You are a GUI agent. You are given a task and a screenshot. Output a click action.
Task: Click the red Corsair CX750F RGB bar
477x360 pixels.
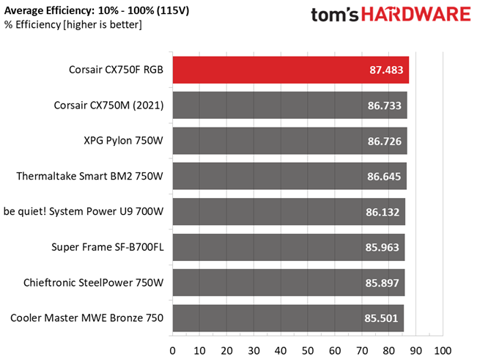click(x=291, y=70)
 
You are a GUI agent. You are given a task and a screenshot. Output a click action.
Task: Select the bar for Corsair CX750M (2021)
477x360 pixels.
click(x=290, y=106)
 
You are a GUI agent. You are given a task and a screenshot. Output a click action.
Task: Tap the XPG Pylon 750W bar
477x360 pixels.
click(x=290, y=141)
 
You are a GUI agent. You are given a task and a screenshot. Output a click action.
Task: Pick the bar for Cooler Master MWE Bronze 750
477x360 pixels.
click(x=289, y=318)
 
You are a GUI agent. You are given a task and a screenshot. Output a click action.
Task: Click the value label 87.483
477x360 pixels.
click(x=386, y=70)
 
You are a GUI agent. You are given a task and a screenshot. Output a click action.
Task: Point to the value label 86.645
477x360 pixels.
click(x=384, y=177)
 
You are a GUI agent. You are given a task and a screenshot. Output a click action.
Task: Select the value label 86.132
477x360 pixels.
click(x=382, y=212)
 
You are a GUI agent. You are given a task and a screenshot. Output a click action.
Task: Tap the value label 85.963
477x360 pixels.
click(x=382, y=247)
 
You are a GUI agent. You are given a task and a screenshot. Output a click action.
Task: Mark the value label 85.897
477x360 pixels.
click(x=382, y=283)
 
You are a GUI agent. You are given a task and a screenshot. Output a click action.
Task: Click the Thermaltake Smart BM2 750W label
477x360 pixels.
click(x=89, y=176)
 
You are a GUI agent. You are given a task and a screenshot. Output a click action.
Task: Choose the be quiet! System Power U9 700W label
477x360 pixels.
click(x=84, y=211)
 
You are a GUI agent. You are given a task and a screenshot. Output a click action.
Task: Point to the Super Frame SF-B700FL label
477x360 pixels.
click(x=108, y=247)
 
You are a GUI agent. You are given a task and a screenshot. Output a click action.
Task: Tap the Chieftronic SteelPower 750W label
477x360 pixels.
click(x=93, y=282)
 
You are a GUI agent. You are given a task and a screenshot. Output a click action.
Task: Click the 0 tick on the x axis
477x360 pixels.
click(x=172, y=351)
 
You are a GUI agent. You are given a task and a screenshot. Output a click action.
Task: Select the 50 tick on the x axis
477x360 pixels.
click(x=308, y=351)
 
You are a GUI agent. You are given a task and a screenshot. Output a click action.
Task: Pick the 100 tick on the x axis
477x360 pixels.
click(x=443, y=351)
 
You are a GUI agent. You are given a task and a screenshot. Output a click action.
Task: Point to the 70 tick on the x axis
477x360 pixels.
click(x=362, y=351)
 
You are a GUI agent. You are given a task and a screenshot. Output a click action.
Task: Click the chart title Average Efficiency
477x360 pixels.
click(x=48, y=11)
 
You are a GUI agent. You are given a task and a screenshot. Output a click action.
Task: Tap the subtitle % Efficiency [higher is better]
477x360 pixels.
click(x=73, y=25)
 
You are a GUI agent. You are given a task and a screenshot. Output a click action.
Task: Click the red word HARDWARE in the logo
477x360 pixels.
click(x=416, y=15)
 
